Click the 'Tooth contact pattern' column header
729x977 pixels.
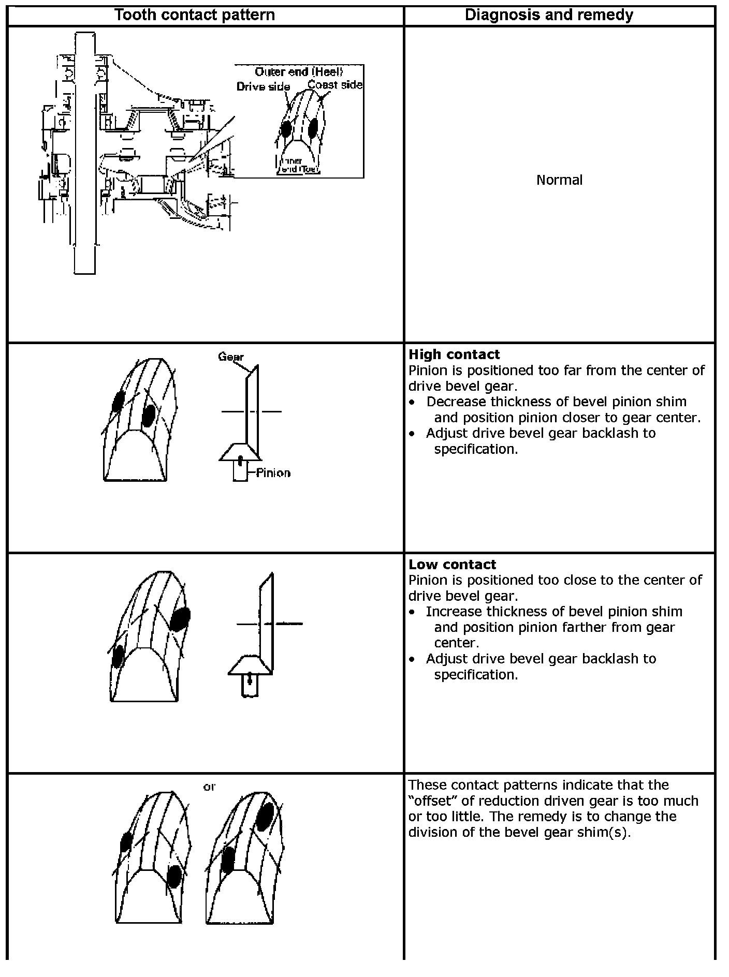(194, 14)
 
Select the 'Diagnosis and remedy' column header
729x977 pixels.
(549, 14)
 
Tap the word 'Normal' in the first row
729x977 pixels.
(559, 180)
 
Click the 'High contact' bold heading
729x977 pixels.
(454, 354)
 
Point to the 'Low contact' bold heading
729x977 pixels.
(452, 564)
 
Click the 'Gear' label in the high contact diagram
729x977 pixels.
(230, 357)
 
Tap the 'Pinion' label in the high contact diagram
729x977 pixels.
(273, 473)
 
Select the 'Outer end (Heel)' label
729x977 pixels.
(299, 72)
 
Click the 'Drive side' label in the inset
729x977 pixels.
(263, 86)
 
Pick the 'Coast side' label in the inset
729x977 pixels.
(335, 84)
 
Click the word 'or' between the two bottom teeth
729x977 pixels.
(209, 787)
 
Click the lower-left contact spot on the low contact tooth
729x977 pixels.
(118, 656)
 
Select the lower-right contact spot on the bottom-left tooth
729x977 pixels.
(174, 876)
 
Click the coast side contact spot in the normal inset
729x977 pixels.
(313, 128)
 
